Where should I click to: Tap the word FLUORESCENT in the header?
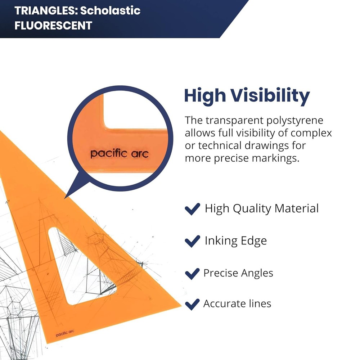click(53, 26)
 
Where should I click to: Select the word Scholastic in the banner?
click(110, 10)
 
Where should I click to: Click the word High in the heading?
click(205, 96)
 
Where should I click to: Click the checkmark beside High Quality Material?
click(192, 209)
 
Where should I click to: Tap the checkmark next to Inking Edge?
click(192, 241)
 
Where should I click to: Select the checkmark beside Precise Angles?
click(192, 273)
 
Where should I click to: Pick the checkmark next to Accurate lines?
click(192, 304)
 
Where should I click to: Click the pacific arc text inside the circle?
click(119, 154)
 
